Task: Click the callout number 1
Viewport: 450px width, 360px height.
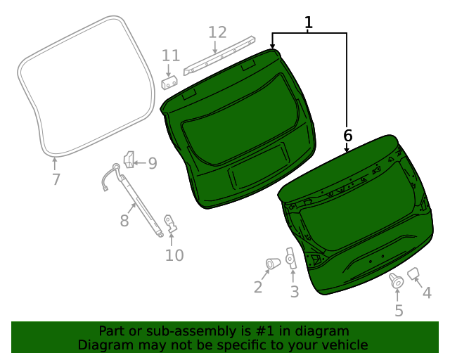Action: click(308, 22)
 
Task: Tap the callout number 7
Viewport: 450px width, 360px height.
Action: click(56, 179)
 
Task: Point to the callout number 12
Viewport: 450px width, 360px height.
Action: click(217, 32)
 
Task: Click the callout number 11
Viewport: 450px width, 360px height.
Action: click(171, 56)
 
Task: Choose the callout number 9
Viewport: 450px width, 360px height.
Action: click(152, 164)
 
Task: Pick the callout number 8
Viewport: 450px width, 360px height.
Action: click(124, 221)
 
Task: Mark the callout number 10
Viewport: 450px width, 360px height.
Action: click(174, 255)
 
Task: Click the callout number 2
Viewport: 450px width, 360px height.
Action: click(258, 286)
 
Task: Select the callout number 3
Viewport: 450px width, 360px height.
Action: click(294, 291)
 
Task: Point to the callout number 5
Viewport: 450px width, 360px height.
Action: click(398, 310)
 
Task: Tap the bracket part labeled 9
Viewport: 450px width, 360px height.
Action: click(129, 160)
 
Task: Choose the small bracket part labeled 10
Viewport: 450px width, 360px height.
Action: click(169, 224)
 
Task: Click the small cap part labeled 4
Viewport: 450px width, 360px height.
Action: click(413, 273)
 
